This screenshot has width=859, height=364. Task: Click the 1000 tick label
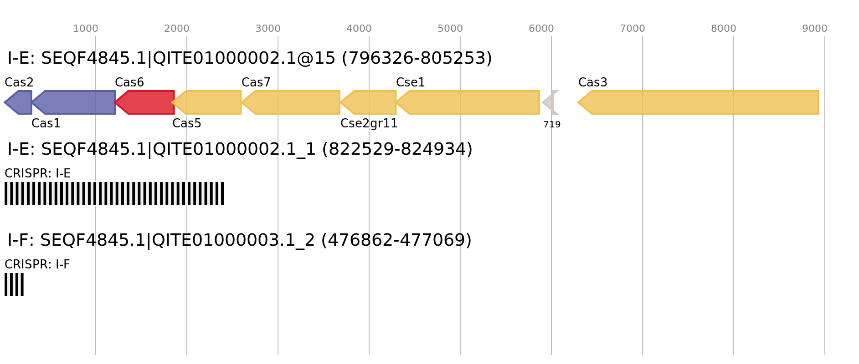86,29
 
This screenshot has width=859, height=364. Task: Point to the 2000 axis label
177,29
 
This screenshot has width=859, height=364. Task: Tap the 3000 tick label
268,29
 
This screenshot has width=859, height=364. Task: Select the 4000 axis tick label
359,29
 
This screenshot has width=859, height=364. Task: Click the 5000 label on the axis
450,29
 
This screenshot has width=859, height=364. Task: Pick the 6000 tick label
541,29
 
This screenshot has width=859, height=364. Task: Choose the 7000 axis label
633,29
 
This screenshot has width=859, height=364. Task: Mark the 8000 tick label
724,29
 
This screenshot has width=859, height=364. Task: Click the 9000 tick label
815,29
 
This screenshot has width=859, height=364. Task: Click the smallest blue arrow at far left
19,102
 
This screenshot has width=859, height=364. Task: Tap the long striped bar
114,193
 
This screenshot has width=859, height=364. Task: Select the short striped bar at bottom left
14,284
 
